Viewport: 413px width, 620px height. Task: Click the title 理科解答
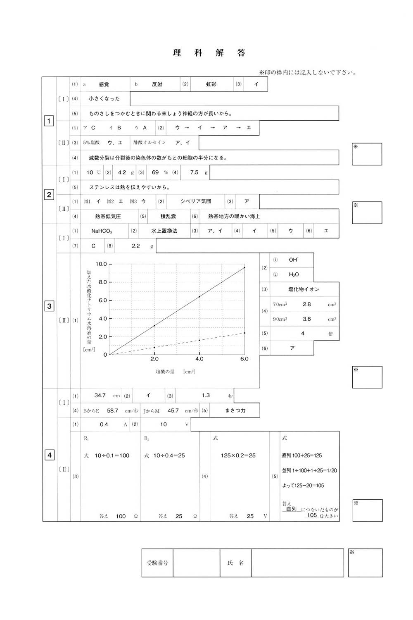209,53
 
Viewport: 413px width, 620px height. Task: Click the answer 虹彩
211,84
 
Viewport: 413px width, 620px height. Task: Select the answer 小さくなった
104,99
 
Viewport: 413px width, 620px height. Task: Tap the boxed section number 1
49,121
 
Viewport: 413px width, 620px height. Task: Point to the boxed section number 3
49,306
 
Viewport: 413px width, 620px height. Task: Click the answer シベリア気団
196,201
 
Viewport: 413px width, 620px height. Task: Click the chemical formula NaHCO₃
102,231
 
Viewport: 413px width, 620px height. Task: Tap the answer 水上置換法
164,231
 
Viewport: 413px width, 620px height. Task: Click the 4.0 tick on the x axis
199,359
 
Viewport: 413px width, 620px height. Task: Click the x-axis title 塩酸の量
165,372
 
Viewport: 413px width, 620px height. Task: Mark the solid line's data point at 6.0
244,267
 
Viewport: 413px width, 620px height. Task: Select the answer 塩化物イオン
304,289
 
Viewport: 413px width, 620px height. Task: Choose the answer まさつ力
235,410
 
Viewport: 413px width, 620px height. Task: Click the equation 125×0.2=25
238,455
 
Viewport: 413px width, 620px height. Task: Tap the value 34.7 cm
100,396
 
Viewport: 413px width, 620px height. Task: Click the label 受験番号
157,563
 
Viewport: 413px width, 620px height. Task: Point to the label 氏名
235,563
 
